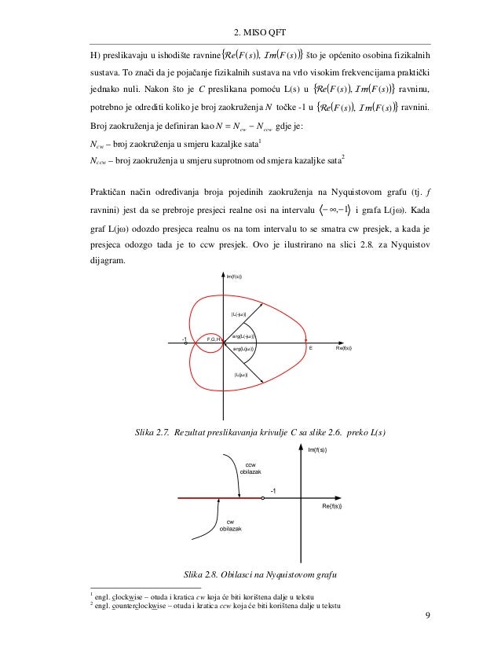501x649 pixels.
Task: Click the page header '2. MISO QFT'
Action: [259, 32]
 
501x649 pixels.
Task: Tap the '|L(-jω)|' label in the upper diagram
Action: [239, 314]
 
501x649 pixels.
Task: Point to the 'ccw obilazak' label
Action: [250, 469]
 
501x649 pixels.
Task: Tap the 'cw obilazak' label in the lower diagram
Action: [230, 526]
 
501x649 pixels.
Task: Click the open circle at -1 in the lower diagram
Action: [262, 498]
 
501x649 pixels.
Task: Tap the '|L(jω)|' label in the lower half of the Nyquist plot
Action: [241, 375]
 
